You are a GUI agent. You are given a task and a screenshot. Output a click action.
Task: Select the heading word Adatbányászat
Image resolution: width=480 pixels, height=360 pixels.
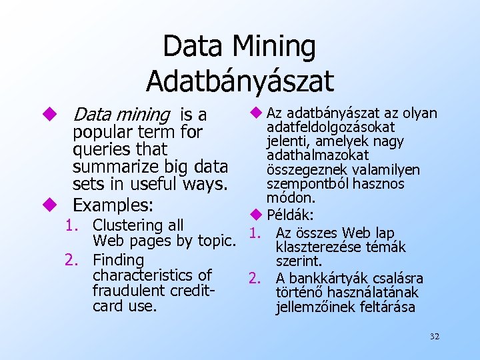pos(239,80)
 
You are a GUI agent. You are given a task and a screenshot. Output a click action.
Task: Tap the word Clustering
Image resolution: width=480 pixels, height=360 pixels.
pos(138,225)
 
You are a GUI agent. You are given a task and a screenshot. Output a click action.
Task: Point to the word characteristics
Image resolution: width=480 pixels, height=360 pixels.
pos(152,275)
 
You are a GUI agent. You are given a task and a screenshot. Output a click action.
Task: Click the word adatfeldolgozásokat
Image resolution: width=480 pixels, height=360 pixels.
pos(331,127)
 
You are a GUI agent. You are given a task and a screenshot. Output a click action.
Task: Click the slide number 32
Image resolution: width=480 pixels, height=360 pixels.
pos(435,337)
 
